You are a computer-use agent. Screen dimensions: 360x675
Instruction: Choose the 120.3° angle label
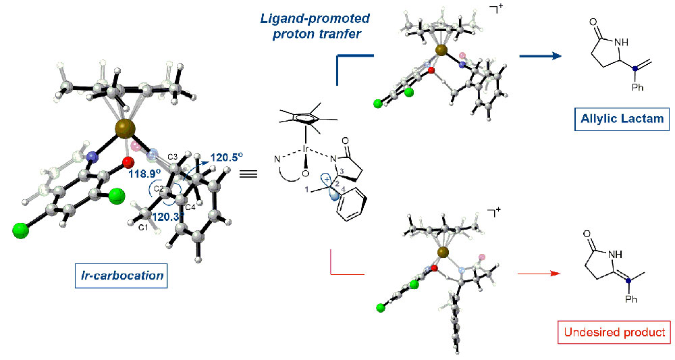(x=167, y=217)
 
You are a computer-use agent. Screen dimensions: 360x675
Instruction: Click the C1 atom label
(x=142, y=229)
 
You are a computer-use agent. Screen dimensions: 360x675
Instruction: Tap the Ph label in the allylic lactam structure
(x=637, y=88)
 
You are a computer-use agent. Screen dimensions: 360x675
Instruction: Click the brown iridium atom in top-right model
(x=441, y=50)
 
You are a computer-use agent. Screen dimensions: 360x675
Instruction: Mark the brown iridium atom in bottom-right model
(x=442, y=253)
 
